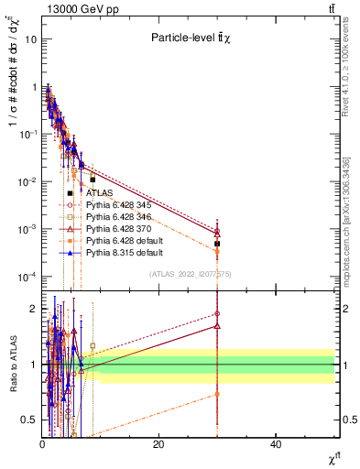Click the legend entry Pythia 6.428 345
click(116, 206)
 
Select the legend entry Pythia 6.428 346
click(116, 218)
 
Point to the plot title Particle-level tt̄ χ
click(191, 38)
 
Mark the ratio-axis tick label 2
click(32, 309)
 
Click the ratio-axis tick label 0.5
click(29, 420)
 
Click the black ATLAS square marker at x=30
click(217, 244)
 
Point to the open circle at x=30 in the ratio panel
click(217, 313)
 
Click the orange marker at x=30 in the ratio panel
click(217, 394)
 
